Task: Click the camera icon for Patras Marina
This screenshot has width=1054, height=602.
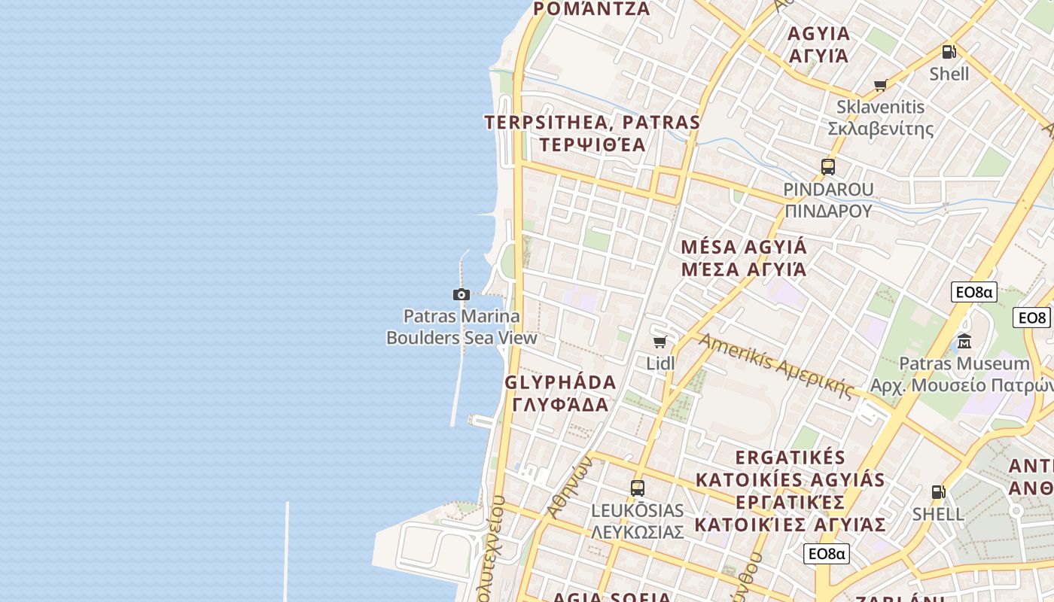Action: pos(462,294)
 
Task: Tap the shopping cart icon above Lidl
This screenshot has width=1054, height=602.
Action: pos(660,342)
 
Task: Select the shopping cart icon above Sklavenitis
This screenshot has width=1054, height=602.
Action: pos(880,85)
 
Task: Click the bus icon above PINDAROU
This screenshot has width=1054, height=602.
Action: pos(828,167)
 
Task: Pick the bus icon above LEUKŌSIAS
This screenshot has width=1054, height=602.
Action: pos(638,488)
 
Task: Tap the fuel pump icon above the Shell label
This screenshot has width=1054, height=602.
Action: pos(949,52)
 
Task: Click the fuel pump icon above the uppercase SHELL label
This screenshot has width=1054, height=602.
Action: pos(938,492)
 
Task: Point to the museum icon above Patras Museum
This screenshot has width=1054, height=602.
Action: pos(964,342)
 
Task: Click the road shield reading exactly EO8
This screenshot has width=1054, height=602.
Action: pos(1031,318)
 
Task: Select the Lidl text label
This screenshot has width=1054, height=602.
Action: pos(660,363)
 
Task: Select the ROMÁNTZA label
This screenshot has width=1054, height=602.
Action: pos(591,9)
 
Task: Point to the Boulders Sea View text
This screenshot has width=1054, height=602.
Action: pos(462,337)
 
